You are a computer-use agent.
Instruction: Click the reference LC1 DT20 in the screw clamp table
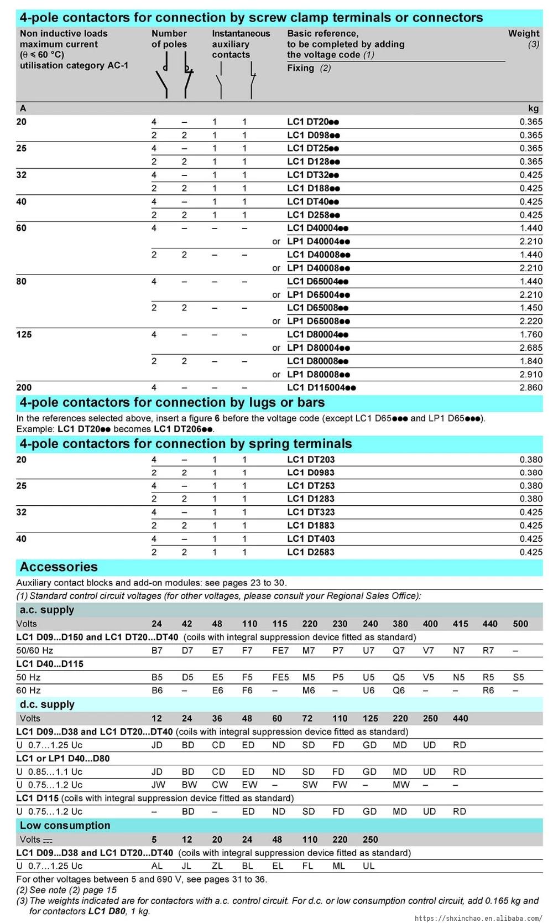tap(313, 122)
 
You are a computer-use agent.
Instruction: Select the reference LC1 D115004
tap(321, 387)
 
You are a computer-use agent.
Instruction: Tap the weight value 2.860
tap(531, 387)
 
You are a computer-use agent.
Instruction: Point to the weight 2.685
tap(531, 348)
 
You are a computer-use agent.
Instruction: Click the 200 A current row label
tap(24, 387)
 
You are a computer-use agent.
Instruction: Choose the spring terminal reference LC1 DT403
tap(311, 538)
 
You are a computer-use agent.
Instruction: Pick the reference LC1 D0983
tap(311, 473)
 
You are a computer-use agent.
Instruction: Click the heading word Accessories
tap(59, 567)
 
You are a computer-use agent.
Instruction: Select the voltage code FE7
tap(280, 650)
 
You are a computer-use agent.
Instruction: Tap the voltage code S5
tap(518, 677)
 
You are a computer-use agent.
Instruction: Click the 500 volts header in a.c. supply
tap(520, 624)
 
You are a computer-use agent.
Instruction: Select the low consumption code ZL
tap(217, 866)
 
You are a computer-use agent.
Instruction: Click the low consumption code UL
tap(368, 866)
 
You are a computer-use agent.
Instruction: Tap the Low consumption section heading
tap(65, 826)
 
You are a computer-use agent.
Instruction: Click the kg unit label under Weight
tap(534, 108)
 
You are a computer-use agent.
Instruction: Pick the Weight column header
tap(523, 33)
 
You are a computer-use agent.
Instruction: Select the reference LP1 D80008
tap(319, 374)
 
